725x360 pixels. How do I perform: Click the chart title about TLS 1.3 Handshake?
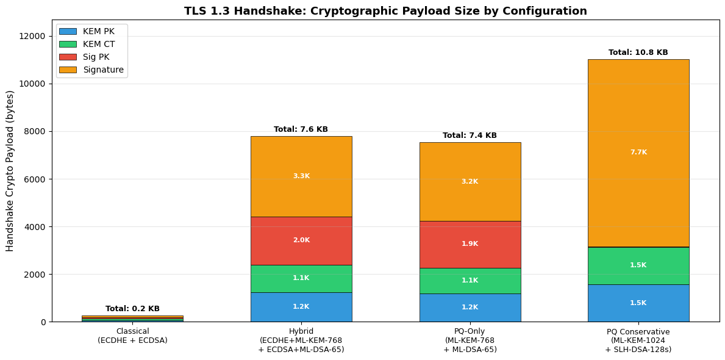tap(385, 11)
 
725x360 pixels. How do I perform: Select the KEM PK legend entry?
tap(98, 31)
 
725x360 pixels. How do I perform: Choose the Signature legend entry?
tap(103, 70)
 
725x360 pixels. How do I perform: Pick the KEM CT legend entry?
tap(98, 44)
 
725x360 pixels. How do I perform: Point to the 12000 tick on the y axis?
tap(30, 36)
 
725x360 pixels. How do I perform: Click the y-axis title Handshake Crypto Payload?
tap(10, 171)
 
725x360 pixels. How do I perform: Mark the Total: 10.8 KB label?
tap(638, 52)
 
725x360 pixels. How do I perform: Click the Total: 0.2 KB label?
tap(132, 309)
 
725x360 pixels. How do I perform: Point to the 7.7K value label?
tap(638, 153)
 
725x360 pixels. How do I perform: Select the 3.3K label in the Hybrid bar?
tap(301, 176)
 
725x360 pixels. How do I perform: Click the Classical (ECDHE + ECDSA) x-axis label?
tap(132, 336)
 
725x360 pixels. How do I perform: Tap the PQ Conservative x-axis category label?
tap(638, 340)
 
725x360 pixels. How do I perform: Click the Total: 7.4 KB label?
tap(470, 135)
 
